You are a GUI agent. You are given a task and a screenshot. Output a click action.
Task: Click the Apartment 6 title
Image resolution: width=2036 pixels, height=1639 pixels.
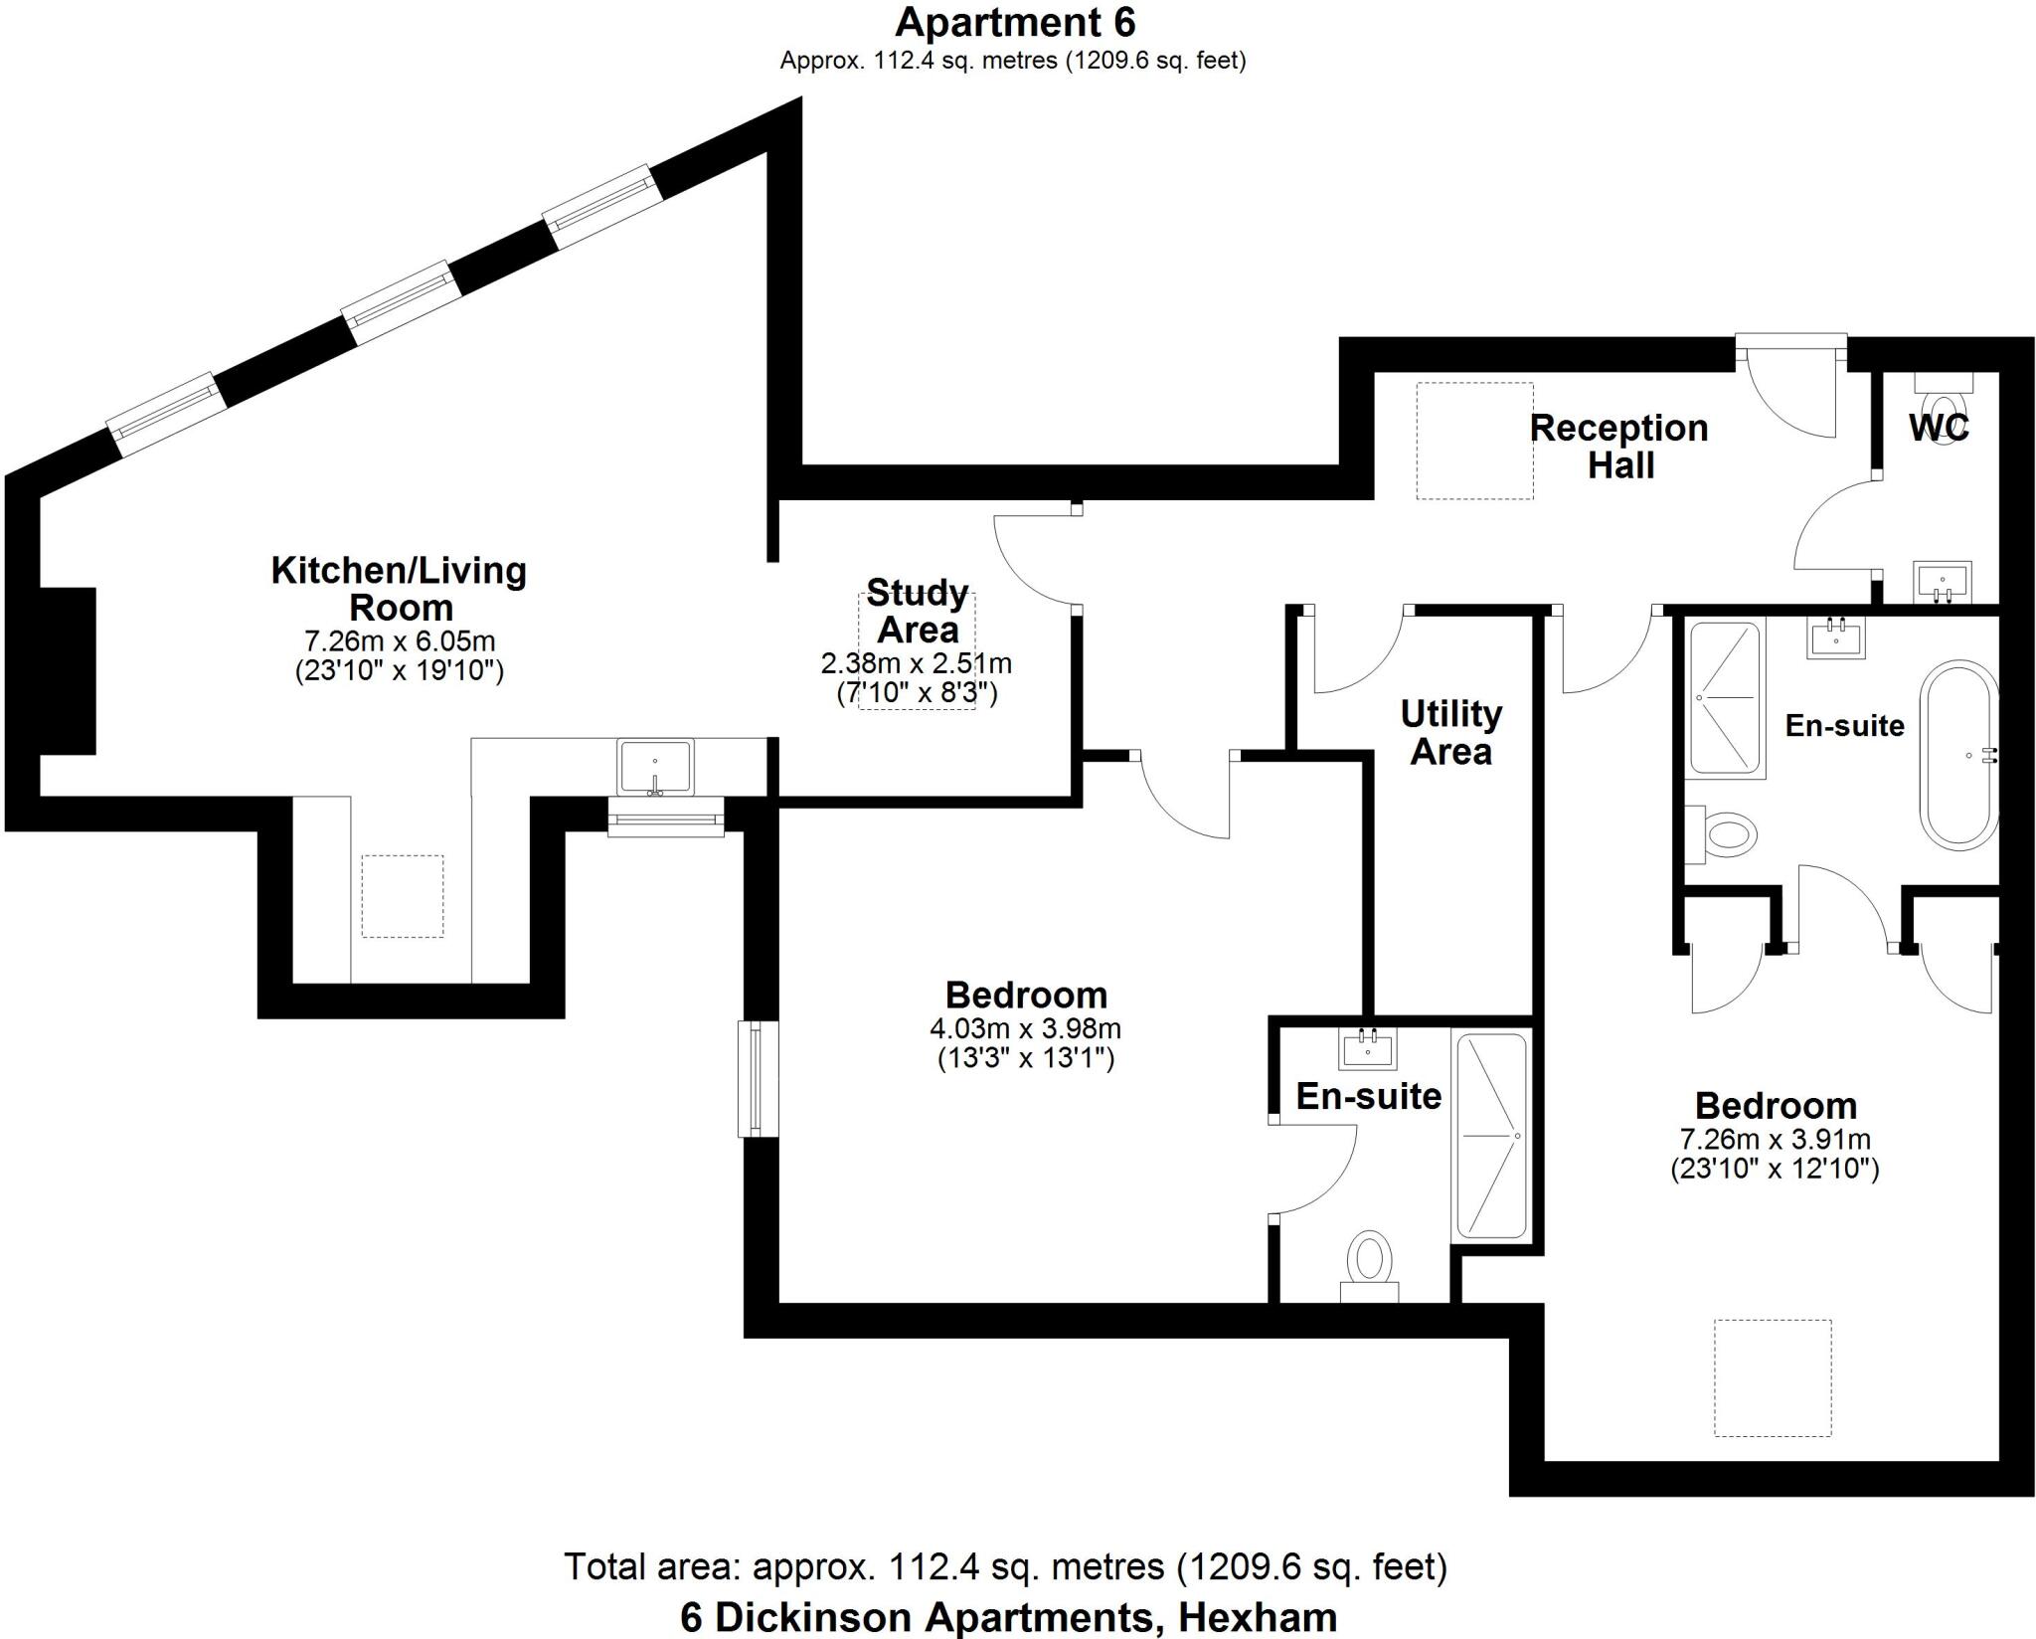tap(1014, 22)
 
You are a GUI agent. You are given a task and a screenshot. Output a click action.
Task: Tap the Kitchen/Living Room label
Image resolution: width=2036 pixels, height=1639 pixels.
tap(400, 588)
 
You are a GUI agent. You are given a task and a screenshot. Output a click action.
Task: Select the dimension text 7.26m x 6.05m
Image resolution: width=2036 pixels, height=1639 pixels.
tap(400, 640)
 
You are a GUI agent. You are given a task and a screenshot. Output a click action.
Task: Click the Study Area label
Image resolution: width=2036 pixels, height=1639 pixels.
tap(917, 611)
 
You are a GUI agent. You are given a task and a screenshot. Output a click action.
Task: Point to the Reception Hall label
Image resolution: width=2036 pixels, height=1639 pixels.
tap(1619, 446)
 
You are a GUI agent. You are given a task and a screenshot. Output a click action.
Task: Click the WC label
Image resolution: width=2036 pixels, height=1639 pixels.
tap(1939, 428)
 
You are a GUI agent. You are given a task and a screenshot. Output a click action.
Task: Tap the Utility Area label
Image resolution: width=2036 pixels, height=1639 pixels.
tap(1450, 732)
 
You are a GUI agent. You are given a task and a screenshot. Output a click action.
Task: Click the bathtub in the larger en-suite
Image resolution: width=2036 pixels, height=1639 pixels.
tap(1957, 756)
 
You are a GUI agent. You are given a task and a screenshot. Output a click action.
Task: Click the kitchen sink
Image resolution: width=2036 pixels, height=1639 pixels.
tap(654, 766)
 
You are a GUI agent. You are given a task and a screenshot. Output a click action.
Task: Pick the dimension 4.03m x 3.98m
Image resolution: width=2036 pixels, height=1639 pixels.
tap(1026, 1027)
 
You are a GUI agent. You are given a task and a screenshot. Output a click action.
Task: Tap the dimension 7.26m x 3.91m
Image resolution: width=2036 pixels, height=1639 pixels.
tap(1775, 1139)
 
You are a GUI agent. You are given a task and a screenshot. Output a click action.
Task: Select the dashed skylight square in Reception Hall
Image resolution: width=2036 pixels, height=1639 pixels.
tap(1474, 441)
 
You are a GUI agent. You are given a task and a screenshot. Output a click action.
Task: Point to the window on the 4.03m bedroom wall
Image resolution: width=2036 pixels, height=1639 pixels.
tap(756, 1078)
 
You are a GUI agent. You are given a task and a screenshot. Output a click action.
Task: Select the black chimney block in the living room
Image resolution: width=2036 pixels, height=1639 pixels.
tap(68, 670)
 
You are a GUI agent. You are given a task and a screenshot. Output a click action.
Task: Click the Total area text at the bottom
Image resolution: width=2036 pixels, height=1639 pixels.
tap(1006, 1566)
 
